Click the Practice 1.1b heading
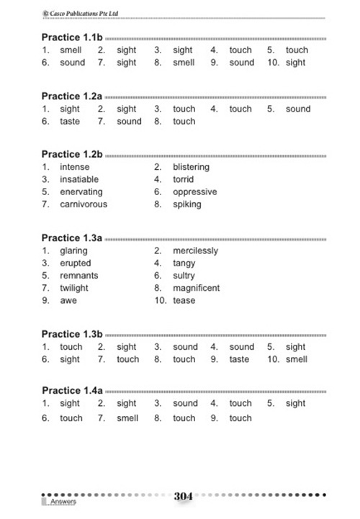(x=73, y=37)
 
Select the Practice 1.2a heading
(x=73, y=96)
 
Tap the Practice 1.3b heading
(x=73, y=334)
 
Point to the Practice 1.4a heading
(x=73, y=390)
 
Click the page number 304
(x=184, y=497)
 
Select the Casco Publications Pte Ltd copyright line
(x=80, y=12)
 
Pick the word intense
(x=74, y=167)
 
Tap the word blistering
(x=191, y=167)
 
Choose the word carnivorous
(x=84, y=204)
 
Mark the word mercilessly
(x=195, y=251)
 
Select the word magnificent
(x=196, y=288)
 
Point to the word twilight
(x=74, y=288)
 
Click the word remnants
(x=78, y=276)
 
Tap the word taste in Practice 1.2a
(x=70, y=122)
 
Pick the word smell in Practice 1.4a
(x=127, y=418)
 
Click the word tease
(x=184, y=300)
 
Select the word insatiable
(x=79, y=179)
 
